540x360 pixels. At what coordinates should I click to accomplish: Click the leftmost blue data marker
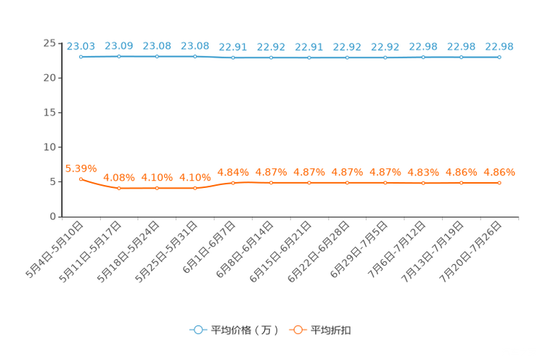tap(81, 56)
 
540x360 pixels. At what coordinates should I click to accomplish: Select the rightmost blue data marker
tap(499, 57)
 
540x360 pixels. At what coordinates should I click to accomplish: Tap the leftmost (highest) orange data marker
tap(81, 178)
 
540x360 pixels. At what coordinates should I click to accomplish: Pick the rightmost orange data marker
tap(499, 183)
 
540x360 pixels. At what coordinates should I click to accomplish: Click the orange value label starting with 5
tap(81, 167)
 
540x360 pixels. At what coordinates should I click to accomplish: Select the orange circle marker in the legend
tap(298, 330)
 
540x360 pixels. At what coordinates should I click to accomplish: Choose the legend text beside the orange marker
tap(332, 330)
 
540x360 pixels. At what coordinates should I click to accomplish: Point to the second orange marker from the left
tap(119, 188)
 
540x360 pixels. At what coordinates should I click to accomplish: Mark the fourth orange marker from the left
tap(195, 188)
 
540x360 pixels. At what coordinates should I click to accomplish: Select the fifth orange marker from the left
tap(233, 183)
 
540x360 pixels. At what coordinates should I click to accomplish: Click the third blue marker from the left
tap(157, 56)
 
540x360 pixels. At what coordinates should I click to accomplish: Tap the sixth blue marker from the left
tap(271, 57)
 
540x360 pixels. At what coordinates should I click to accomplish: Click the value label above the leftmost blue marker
tap(81, 46)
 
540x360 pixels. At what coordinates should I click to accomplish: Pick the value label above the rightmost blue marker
tap(499, 46)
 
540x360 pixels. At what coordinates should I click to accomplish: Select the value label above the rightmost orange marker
tap(499, 172)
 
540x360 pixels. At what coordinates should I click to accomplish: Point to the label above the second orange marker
tap(119, 176)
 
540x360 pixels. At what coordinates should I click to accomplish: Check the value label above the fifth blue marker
tap(233, 47)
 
